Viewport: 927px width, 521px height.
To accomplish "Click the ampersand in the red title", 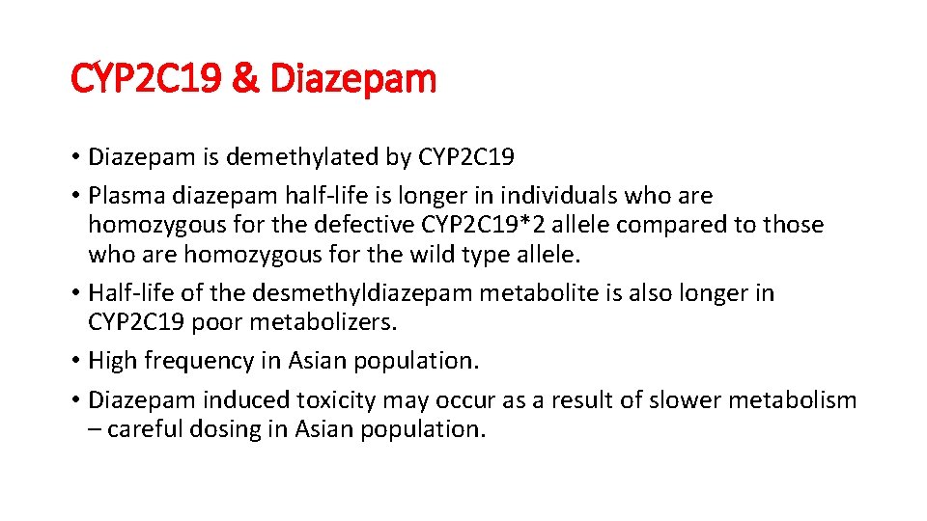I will click(x=248, y=79).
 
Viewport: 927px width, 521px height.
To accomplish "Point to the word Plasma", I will click(x=126, y=196).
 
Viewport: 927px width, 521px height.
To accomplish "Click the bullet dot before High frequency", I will click(x=75, y=361).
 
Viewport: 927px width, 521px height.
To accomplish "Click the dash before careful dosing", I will click(x=95, y=429).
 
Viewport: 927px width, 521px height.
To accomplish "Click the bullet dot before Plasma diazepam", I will click(x=75, y=196).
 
